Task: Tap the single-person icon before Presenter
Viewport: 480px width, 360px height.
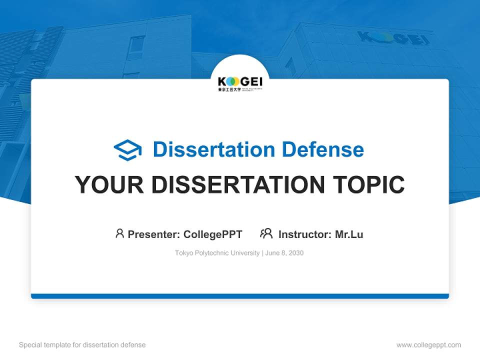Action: pyautogui.click(x=119, y=233)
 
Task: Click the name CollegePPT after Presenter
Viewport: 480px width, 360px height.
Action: pyautogui.click(x=213, y=234)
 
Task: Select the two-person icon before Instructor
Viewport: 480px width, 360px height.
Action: pyautogui.click(x=266, y=233)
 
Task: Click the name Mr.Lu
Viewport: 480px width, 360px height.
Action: pyautogui.click(x=349, y=234)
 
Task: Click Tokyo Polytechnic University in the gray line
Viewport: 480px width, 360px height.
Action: pyautogui.click(x=217, y=253)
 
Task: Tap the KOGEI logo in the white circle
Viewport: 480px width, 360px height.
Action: pyautogui.click(x=240, y=81)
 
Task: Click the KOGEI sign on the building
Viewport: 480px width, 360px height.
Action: pyautogui.click(x=393, y=38)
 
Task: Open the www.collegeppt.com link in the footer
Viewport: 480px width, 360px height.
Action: pyautogui.click(x=428, y=345)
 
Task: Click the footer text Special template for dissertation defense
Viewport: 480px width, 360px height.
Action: pyautogui.click(x=82, y=345)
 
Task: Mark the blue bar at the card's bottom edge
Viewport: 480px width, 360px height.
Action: pyautogui.click(x=240, y=296)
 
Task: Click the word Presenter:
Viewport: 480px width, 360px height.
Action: pyautogui.click(x=154, y=234)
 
